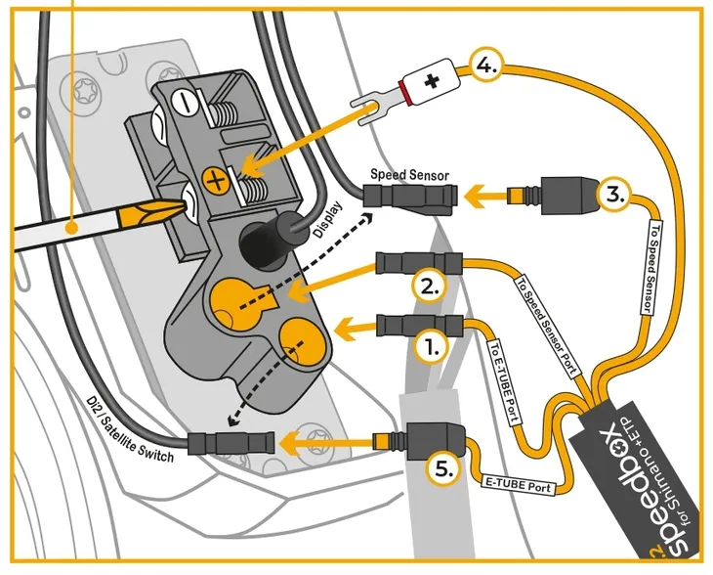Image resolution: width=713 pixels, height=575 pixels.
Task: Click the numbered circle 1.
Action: (432, 345)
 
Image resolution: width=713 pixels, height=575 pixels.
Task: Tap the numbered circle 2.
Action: (431, 287)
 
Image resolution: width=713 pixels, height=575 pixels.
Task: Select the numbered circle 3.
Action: (612, 194)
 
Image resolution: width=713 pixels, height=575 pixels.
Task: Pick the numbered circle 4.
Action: (486, 66)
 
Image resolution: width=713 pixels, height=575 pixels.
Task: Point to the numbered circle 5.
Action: (444, 468)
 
